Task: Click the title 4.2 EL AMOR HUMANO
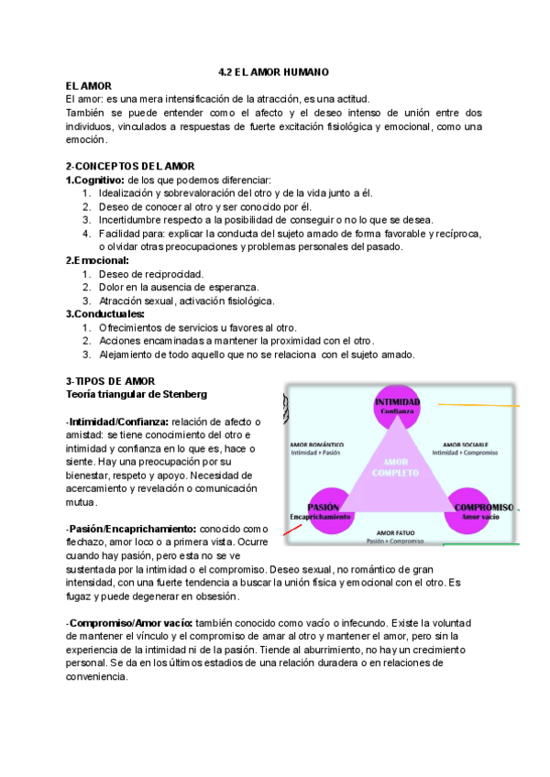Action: (x=274, y=71)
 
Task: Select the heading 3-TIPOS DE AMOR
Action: (x=110, y=380)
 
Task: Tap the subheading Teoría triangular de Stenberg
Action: (x=137, y=394)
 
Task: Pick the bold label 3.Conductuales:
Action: (x=104, y=314)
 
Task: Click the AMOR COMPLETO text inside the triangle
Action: (x=396, y=467)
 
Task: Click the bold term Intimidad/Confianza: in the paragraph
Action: (x=122, y=421)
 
